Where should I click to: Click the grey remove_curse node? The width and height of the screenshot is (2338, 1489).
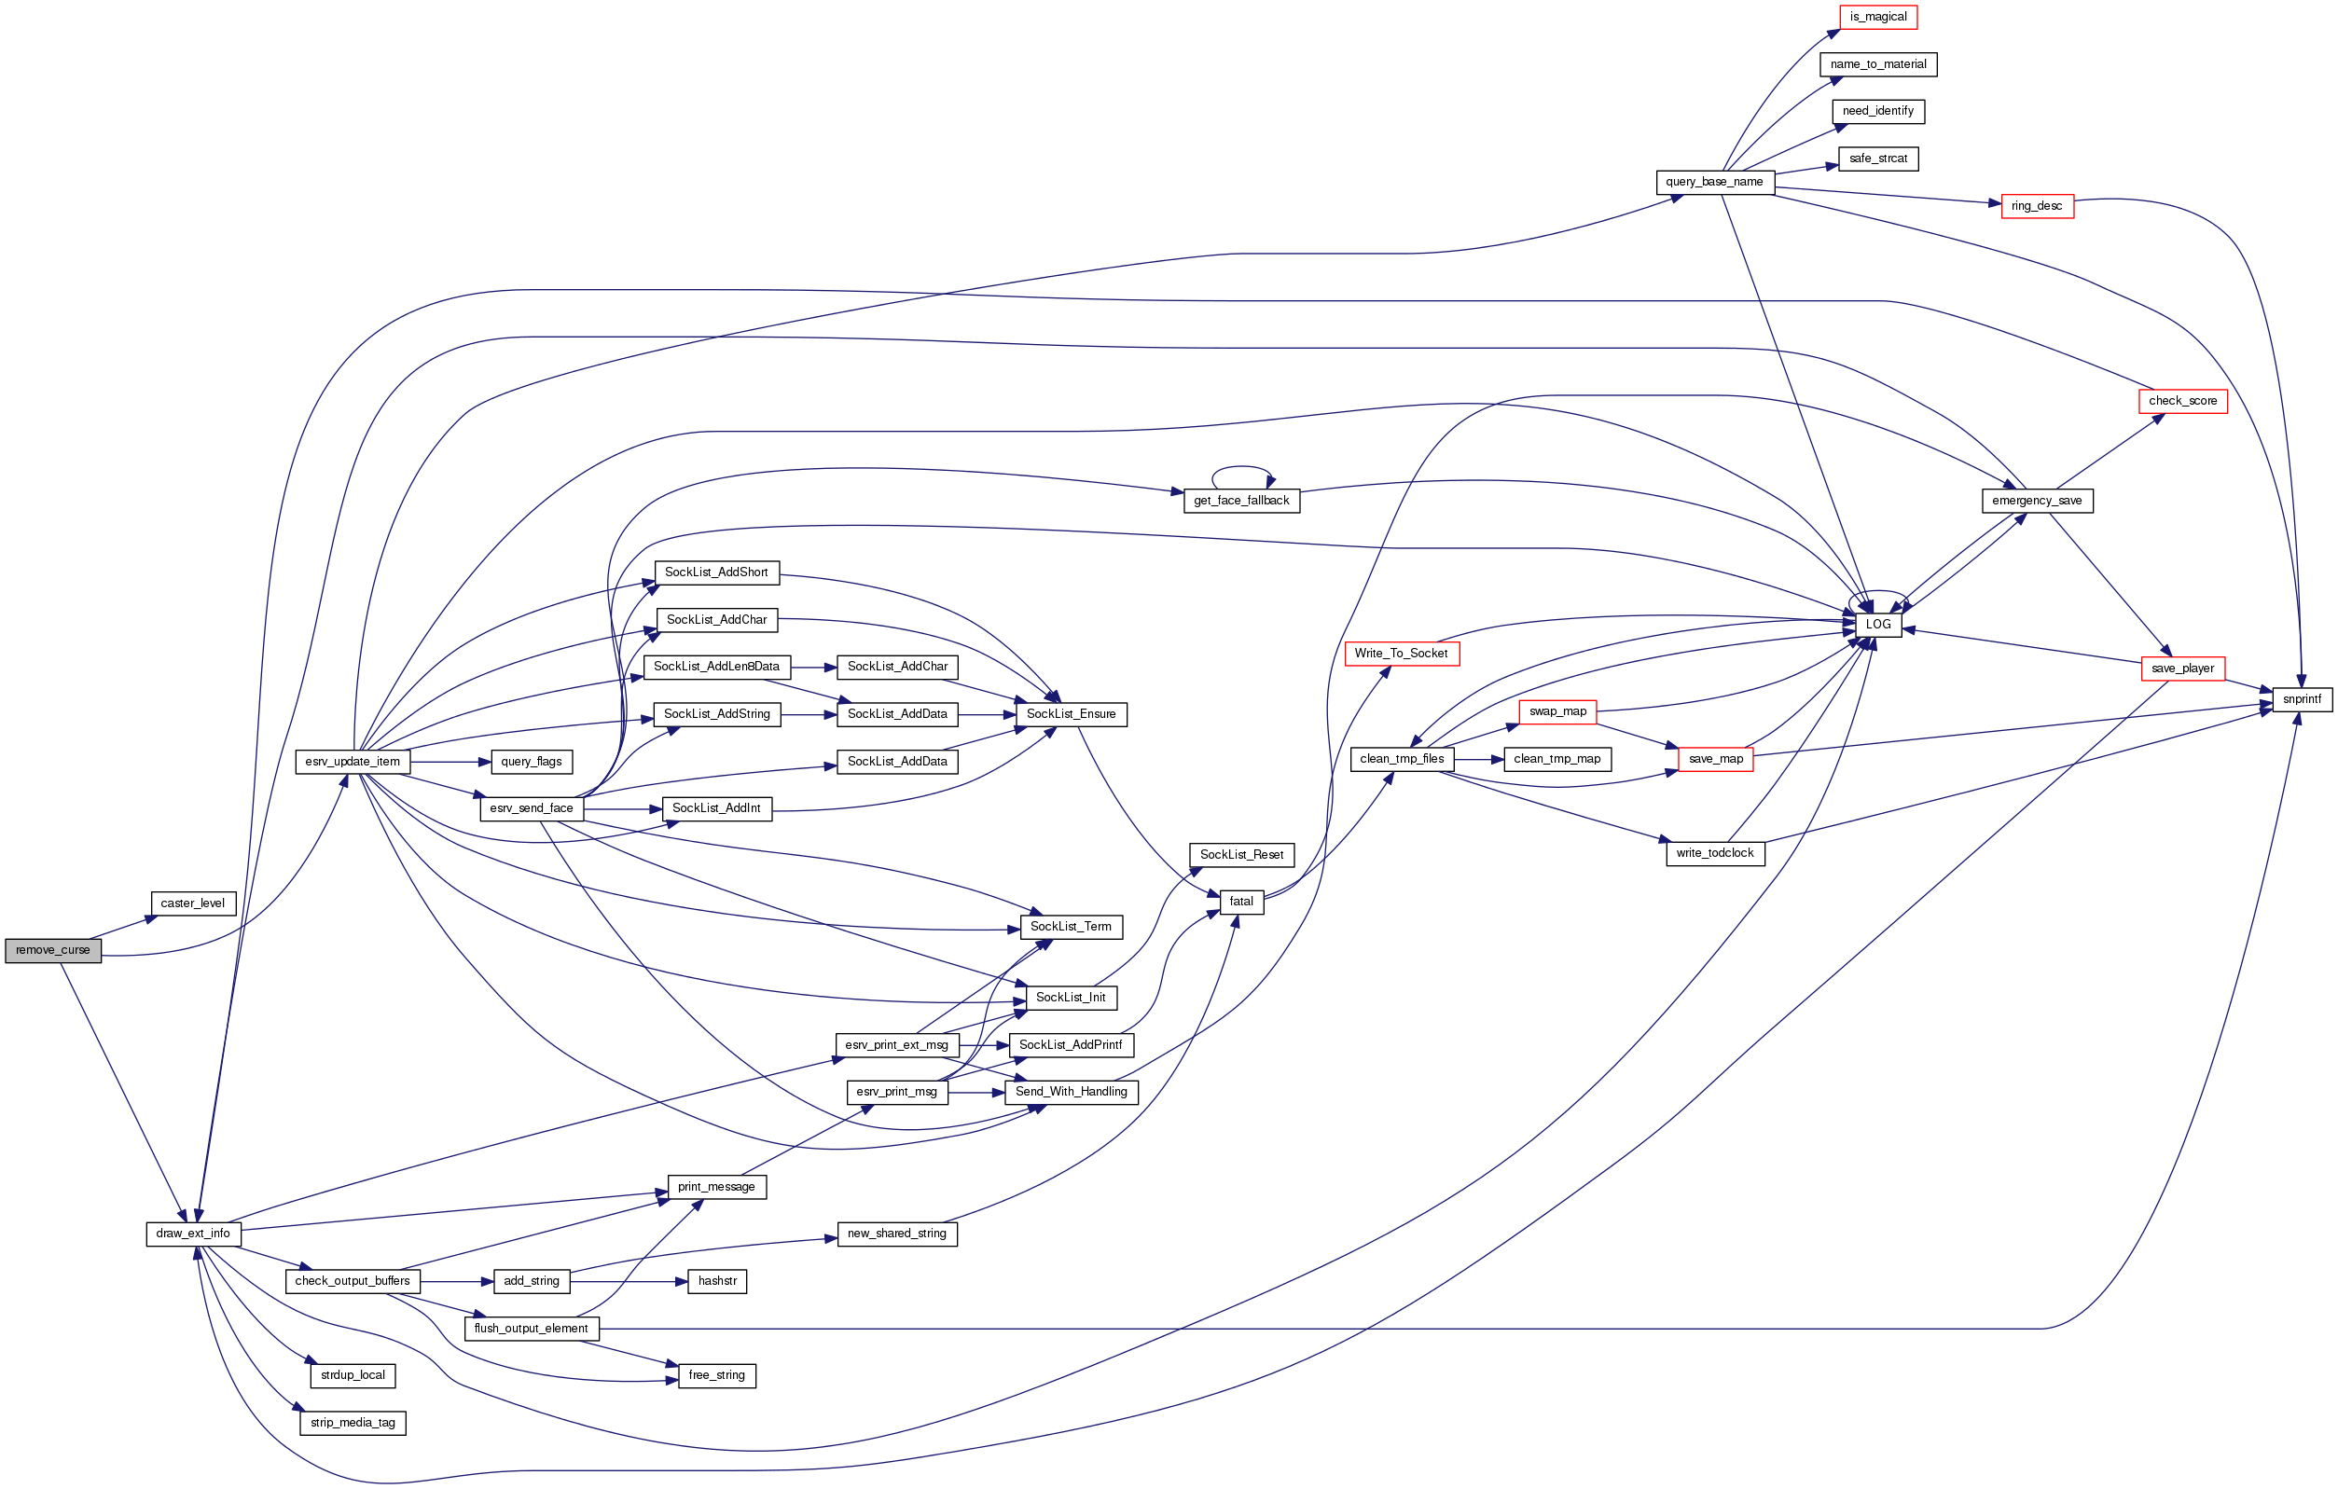click(52, 950)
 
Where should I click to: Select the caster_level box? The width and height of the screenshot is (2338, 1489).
click(192, 903)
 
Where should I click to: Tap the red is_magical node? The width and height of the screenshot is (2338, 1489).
click(1878, 17)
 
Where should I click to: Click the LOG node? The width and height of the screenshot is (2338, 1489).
click(1878, 624)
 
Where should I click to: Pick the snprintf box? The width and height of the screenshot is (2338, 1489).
click(2301, 699)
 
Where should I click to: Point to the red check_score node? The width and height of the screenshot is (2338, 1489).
click(2181, 401)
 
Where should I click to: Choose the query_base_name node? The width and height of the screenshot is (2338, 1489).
click(1714, 182)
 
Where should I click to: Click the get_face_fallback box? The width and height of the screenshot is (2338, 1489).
click(1241, 501)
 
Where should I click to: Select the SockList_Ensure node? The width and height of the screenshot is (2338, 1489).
click(1071, 714)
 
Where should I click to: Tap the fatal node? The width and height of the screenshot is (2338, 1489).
click(1241, 902)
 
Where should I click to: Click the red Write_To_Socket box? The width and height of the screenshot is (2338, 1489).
click(1400, 654)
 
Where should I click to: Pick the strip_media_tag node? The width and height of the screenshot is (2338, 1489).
click(353, 1423)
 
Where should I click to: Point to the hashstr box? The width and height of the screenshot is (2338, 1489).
click(716, 1281)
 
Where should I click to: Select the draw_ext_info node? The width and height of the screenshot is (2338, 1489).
click(193, 1234)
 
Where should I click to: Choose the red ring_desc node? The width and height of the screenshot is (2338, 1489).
click(2036, 206)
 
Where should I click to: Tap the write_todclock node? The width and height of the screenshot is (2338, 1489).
click(1715, 853)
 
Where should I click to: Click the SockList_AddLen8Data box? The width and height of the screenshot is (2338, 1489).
click(716, 667)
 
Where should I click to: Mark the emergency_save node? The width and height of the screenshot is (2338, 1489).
click(2036, 501)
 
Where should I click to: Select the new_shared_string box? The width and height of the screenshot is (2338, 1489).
click(896, 1234)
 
